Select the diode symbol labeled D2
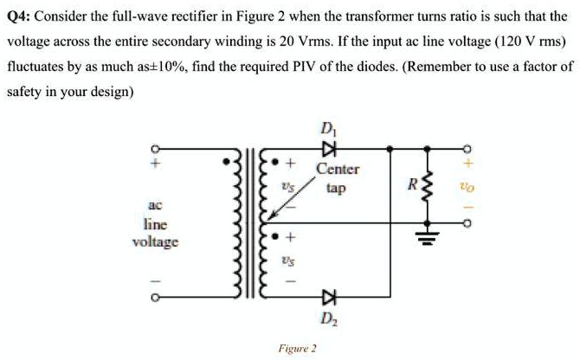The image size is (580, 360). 327,299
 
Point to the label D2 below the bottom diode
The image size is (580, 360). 327,318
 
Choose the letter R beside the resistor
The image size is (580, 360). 414,184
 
